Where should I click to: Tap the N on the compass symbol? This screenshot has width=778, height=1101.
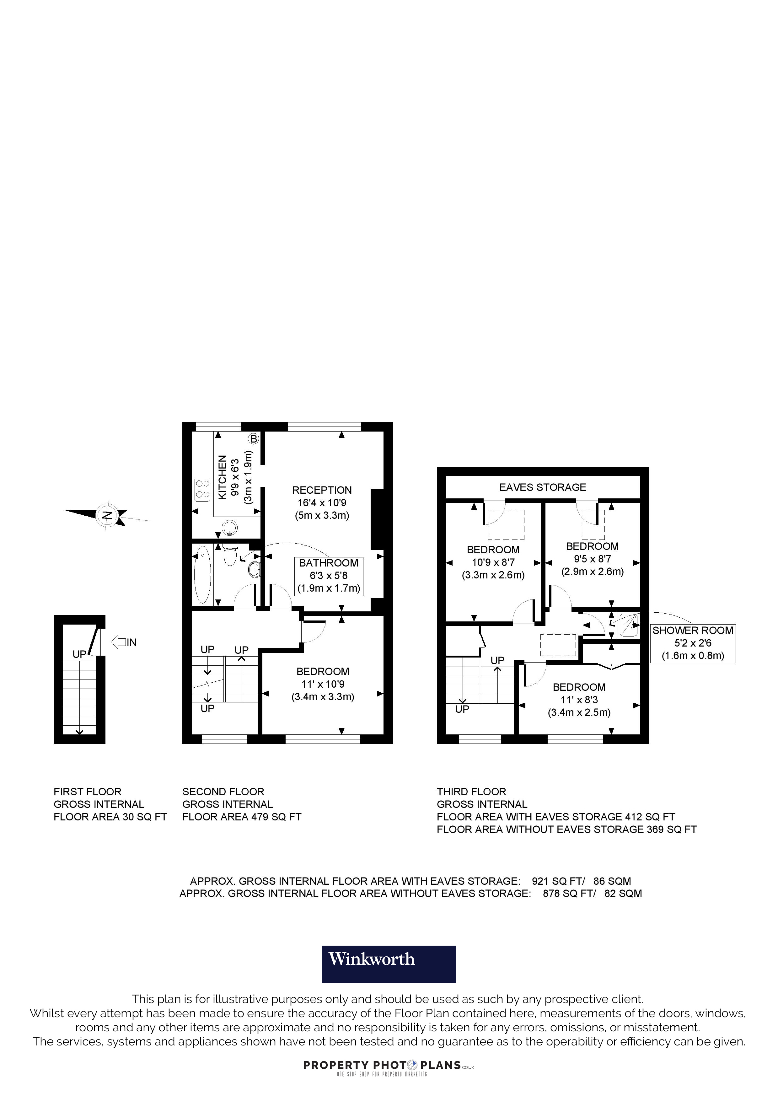[107, 515]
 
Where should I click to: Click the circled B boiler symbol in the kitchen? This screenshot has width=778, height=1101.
[254, 438]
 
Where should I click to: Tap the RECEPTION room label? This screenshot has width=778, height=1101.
[322, 490]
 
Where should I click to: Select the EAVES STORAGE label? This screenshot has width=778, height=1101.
[543, 487]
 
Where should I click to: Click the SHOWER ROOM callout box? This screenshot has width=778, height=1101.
[693, 643]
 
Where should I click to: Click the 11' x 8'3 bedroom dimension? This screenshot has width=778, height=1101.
[579, 700]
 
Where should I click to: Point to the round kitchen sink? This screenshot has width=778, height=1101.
[230, 528]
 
